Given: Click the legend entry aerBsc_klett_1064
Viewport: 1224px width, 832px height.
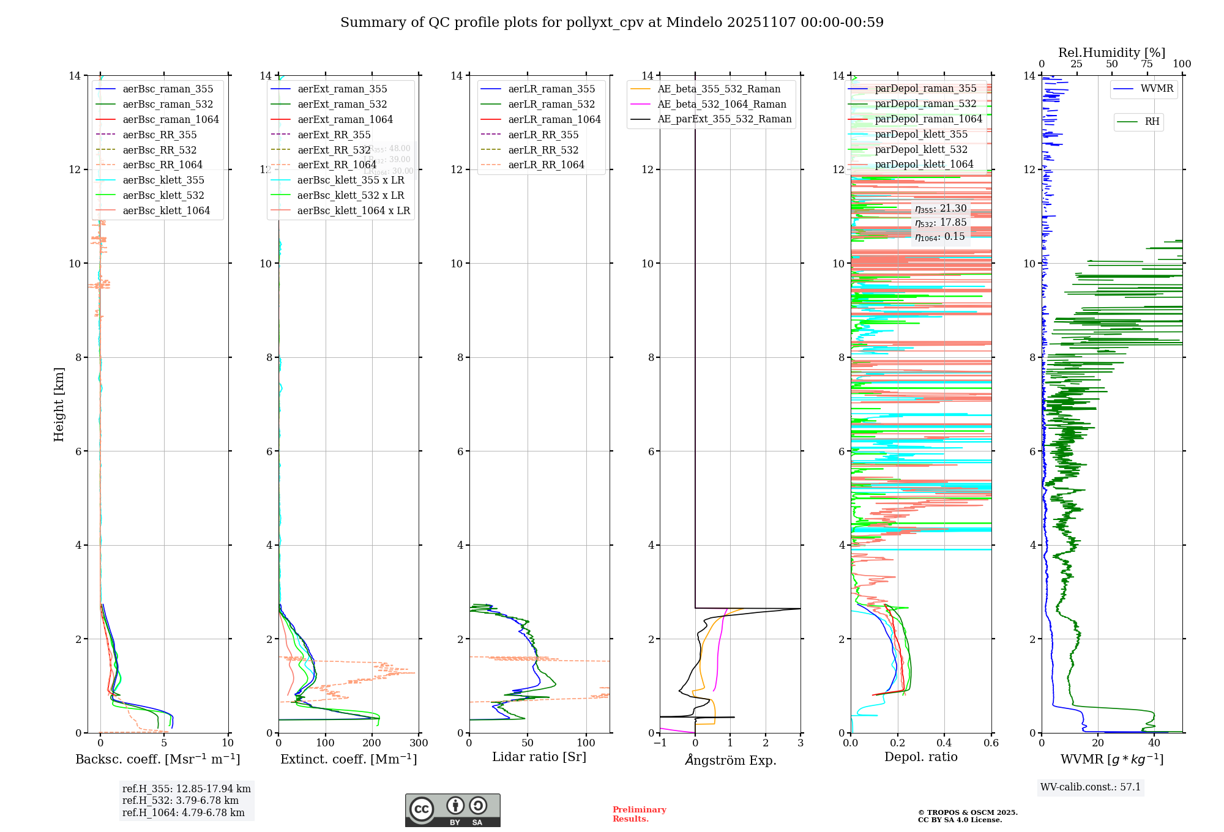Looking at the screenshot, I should tap(166, 210).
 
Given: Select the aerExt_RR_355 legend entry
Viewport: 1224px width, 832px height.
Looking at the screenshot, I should tap(334, 135).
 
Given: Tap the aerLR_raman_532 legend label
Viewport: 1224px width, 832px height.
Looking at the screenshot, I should tap(551, 104).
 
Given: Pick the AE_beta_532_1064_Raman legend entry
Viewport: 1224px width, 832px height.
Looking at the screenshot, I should tap(722, 104).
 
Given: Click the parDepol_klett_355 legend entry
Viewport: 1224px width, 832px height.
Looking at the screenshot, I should tap(921, 134).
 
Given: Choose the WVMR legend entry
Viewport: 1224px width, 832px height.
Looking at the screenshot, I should tap(1157, 89).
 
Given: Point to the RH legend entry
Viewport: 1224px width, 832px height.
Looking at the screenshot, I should tap(1152, 122).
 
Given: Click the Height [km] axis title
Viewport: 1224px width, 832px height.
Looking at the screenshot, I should tap(59, 404).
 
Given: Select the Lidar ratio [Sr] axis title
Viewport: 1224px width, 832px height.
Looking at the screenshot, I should tap(539, 757).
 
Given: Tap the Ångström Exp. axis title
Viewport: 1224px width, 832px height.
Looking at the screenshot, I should tap(730, 760).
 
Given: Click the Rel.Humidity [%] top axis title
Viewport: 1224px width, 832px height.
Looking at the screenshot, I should tap(1111, 53).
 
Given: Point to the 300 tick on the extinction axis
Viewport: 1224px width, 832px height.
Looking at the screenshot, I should tap(419, 743).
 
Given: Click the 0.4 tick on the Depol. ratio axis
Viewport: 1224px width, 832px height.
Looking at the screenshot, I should tap(944, 743).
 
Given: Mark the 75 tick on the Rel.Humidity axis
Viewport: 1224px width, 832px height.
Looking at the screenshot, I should tap(1146, 64).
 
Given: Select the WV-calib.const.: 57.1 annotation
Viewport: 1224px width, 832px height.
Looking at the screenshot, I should tap(1091, 787).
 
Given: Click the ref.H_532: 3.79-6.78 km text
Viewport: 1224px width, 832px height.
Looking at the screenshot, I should tap(181, 801).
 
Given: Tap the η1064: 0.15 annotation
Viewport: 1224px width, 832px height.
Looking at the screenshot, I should tap(940, 237).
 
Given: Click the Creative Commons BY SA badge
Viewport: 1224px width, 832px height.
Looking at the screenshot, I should tap(452, 811).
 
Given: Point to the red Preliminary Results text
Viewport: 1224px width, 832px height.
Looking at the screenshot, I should tap(639, 814).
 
